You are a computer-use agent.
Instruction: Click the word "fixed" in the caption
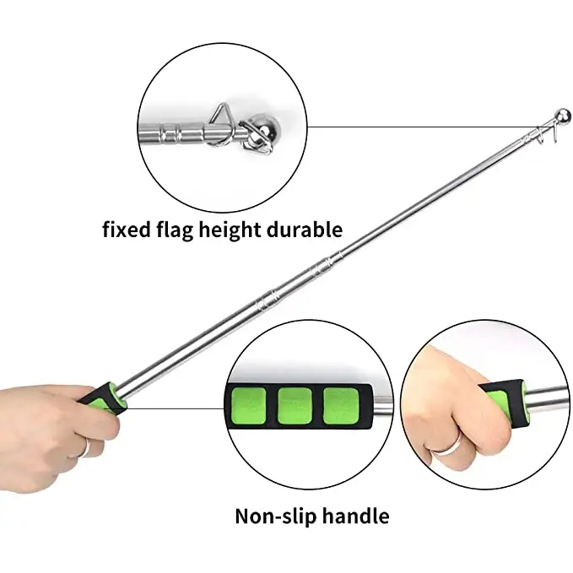127,230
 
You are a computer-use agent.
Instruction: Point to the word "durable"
305,230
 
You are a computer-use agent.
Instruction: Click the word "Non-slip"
276,516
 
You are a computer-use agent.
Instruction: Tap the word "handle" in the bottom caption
356,516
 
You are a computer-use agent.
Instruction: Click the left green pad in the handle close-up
248,406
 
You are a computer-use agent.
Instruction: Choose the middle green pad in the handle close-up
295,406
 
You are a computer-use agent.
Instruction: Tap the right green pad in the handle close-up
341,406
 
